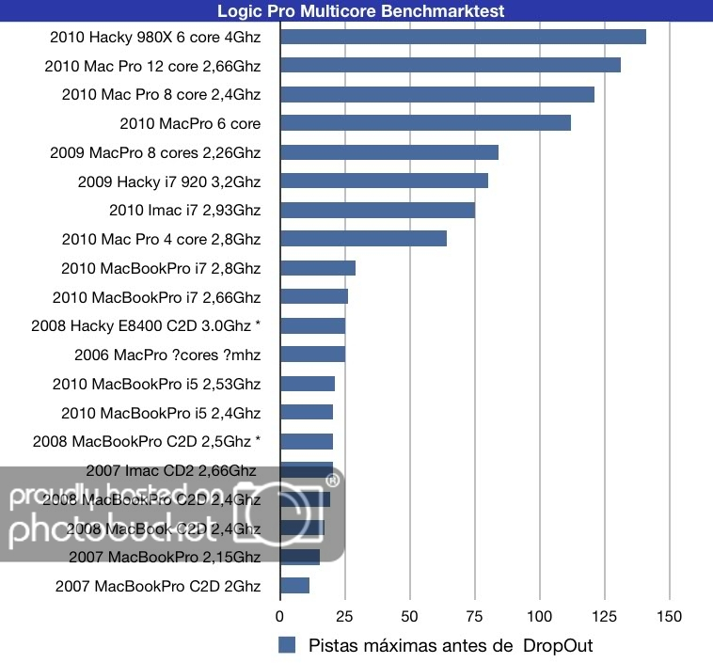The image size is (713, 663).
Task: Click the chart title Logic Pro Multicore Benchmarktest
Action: click(x=360, y=11)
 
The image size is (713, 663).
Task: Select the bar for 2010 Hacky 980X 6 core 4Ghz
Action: click(x=463, y=37)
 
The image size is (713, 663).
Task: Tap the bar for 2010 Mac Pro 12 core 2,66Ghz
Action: click(x=450, y=65)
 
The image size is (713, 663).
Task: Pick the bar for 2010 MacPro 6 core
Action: click(x=425, y=123)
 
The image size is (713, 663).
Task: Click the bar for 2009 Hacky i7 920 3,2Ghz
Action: click(x=384, y=181)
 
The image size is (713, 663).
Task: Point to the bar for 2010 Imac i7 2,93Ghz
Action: click(x=377, y=210)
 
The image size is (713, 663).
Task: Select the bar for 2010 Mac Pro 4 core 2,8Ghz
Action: click(x=363, y=239)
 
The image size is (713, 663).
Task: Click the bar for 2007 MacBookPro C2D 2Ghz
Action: click(x=294, y=586)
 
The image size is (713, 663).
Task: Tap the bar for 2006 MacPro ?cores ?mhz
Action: click(x=312, y=355)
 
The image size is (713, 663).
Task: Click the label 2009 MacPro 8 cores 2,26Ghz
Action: click(x=155, y=152)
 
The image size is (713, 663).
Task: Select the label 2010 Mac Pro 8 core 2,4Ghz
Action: click(x=161, y=94)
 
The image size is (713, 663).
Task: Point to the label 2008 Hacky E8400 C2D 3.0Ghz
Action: click(x=146, y=325)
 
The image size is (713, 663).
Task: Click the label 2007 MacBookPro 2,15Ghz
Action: click(x=165, y=558)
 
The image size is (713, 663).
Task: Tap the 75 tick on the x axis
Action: click(x=409, y=617)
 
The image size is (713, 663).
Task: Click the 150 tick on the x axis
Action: click(x=668, y=617)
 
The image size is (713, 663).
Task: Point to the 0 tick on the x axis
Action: click(x=279, y=617)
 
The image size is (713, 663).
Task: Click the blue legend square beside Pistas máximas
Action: click(x=288, y=645)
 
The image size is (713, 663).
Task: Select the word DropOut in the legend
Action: click(x=558, y=645)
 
